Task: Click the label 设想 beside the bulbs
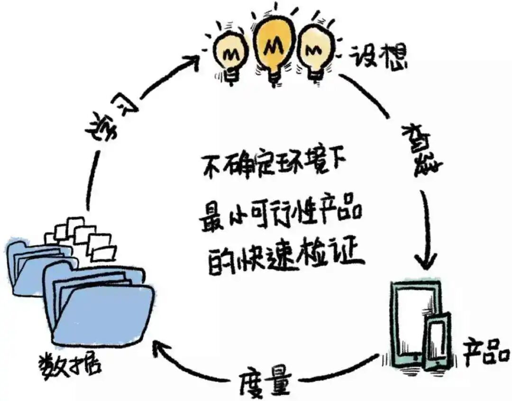coord(378,57)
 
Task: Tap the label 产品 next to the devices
coord(486,352)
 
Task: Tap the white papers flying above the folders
coord(85,237)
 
